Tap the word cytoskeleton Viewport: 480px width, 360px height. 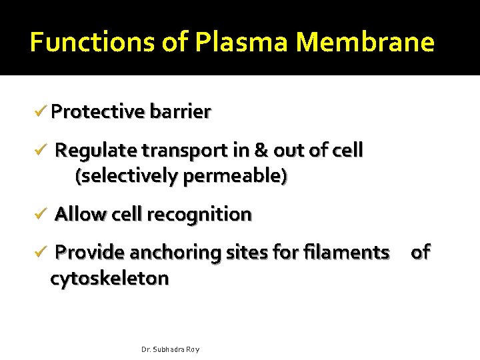point(109,278)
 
